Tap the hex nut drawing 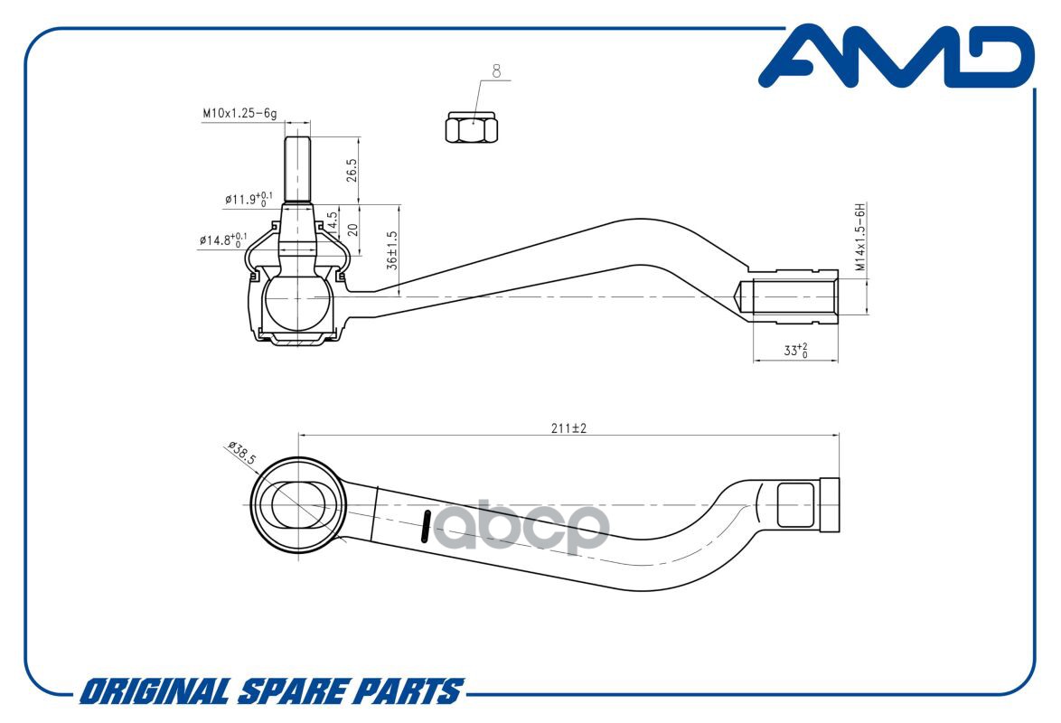click(472, 127)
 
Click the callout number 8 click(497, 71)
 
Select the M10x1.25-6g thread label click(239, 113)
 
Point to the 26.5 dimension click(352, 170)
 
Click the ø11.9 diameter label click(249, 199)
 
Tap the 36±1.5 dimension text click(392, 250)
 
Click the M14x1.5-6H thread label click(860, 236)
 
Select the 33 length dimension click(795, 350)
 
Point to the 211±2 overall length click(568, 427)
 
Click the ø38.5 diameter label click(242, 453)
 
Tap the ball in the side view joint click(296, 302)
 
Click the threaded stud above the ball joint click(297, 169)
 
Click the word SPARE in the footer click(294, 691)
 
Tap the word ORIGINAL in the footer click(155, 691)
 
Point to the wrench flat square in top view click(795, 504)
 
